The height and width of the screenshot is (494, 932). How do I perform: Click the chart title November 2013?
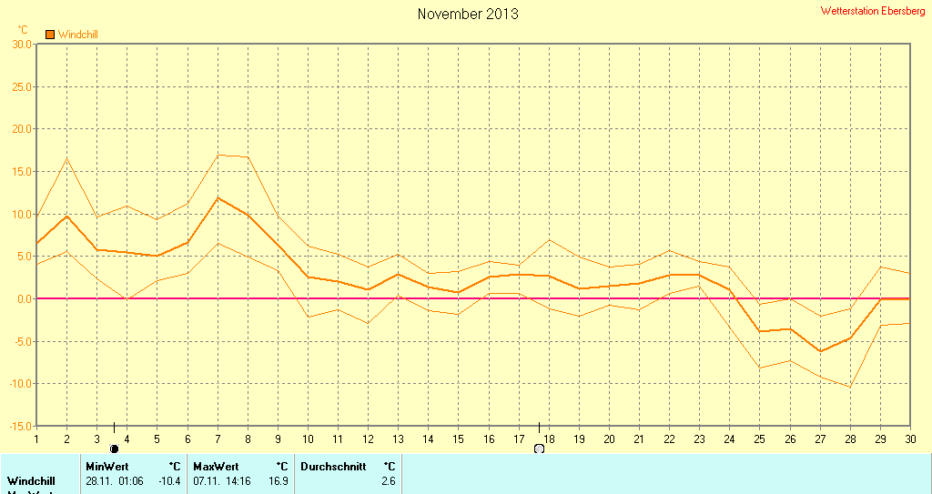pos(468,14)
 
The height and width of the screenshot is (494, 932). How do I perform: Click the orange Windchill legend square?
pos(50,35)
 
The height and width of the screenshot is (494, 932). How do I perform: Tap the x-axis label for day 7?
pos(218,439)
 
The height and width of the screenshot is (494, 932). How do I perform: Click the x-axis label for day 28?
pos(850,439)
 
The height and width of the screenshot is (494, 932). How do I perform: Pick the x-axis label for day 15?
pos(458,439)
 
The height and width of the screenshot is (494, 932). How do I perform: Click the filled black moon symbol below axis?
pos(114,449)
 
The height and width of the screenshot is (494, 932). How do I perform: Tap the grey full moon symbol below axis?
pos(539,449)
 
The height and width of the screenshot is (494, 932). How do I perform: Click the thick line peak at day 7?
pos(218,197)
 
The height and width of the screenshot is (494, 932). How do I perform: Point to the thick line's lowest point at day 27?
pos(820,351)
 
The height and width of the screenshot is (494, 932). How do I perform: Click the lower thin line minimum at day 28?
pos(850,387)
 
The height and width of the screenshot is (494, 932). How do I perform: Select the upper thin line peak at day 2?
pos(66,159)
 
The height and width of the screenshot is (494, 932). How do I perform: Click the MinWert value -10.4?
pos(169,480)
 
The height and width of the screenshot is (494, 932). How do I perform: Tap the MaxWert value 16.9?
pos(279,480)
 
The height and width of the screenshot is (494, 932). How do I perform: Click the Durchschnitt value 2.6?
pos(388,480)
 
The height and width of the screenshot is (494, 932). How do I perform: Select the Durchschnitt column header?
pos(333,467)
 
